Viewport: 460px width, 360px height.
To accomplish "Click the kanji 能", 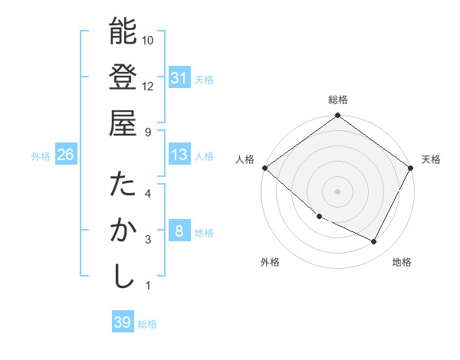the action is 123,31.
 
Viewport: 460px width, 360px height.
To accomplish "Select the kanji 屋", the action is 123,123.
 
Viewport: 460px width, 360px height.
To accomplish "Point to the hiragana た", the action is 123,185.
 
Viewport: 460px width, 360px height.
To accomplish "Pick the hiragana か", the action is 123,231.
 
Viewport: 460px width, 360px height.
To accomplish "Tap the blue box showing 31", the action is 179,78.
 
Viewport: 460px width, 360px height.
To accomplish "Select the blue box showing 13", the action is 179,155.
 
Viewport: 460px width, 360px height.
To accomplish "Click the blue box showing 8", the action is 179,231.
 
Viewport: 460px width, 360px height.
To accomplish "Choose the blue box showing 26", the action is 65,155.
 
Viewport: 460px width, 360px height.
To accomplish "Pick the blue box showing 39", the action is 122,322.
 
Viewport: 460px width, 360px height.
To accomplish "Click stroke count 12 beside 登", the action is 148,86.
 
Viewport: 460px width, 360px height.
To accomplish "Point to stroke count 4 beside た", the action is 148,194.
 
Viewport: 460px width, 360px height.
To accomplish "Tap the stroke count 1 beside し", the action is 148,286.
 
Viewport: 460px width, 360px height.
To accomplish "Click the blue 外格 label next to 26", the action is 41,155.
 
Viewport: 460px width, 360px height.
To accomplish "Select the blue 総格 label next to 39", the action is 147,324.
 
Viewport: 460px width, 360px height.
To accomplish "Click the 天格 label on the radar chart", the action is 431,159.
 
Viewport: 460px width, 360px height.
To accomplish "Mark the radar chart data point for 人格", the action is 264,168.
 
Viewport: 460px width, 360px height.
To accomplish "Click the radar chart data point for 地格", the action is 374,242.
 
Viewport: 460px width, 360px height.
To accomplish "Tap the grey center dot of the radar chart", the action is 337,191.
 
